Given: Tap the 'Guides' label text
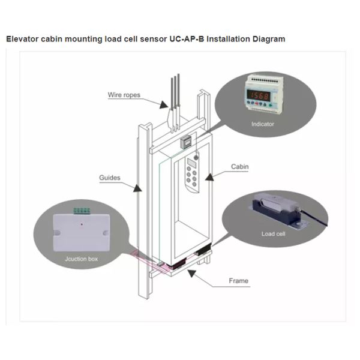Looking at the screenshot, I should tap(110, 178).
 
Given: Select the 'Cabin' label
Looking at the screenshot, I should tap(239, 167).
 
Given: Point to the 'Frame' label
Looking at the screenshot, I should tap(238, 280).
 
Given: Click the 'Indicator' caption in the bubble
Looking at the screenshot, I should tap(263, 124).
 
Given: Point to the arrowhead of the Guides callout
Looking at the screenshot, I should tap(138, 187).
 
